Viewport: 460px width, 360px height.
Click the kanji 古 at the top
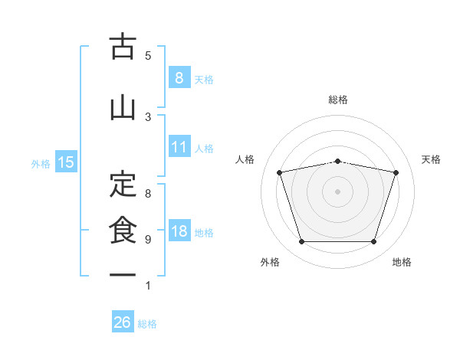123,46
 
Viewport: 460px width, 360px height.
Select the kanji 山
123,109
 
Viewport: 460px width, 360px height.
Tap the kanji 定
123,184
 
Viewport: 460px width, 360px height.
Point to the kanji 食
123,230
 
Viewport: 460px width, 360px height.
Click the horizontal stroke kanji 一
123,275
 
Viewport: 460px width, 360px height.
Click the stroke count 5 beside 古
148,56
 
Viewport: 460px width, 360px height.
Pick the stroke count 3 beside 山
148,117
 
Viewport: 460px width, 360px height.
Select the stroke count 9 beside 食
148,240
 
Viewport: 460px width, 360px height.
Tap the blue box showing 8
179,77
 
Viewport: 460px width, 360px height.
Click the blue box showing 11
179,146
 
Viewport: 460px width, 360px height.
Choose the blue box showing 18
179,230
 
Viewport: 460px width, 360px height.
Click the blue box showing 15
66,162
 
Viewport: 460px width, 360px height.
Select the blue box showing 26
123,321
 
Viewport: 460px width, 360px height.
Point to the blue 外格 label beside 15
41,164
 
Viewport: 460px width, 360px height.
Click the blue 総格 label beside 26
147,324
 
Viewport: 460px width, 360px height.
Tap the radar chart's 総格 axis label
338,100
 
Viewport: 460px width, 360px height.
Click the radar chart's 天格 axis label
431,159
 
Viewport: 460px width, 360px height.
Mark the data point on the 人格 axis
280,172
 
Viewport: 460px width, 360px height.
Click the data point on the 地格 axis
374,242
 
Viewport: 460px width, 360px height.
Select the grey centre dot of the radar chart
337,191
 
